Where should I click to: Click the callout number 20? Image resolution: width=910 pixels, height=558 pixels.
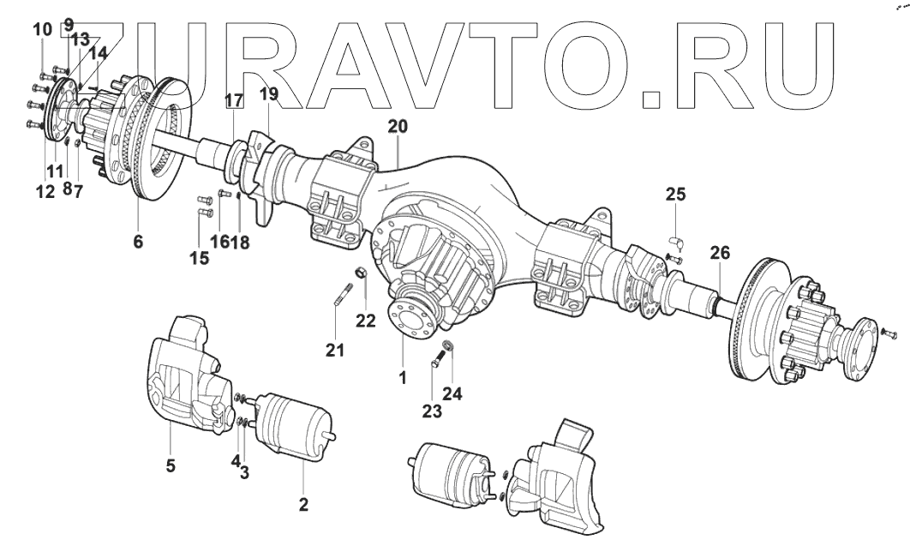tap(397, 126)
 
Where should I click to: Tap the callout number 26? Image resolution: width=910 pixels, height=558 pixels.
tap(720, 253)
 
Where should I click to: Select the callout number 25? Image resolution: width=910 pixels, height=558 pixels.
tap(675, 195)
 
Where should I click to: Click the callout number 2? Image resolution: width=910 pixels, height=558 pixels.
tap(302, 504)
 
